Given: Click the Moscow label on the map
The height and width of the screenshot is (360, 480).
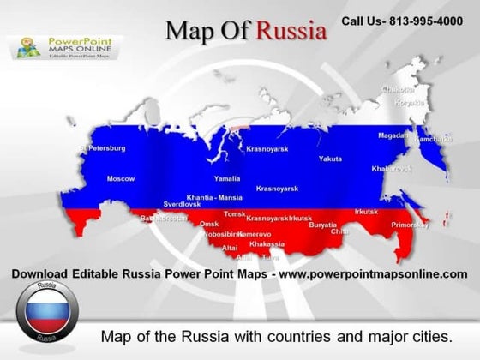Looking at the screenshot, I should coord(120,178).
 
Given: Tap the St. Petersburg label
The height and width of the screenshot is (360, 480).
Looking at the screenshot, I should coord(102,148).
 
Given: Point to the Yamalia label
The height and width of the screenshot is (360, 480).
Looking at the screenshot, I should coord(226,179).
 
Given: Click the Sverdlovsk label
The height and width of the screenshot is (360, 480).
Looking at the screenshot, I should coord(182,205).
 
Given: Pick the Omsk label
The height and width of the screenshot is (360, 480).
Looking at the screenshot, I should coord(209,224).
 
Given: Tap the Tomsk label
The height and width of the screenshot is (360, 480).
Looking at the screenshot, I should coord(234,214).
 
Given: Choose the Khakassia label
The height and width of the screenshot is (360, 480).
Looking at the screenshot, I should coord(266,244).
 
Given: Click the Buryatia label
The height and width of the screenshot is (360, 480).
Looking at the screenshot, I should coord(322,225).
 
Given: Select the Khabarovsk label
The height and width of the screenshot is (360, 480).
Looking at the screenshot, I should coord(392,169).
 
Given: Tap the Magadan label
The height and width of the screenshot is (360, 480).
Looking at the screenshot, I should coord(393,135).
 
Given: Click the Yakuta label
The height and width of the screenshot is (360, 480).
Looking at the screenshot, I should coord(330,159).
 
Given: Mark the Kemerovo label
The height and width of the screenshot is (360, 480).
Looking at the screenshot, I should coord(255,234).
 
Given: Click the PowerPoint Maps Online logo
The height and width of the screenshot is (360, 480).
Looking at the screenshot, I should coord(67,47).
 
